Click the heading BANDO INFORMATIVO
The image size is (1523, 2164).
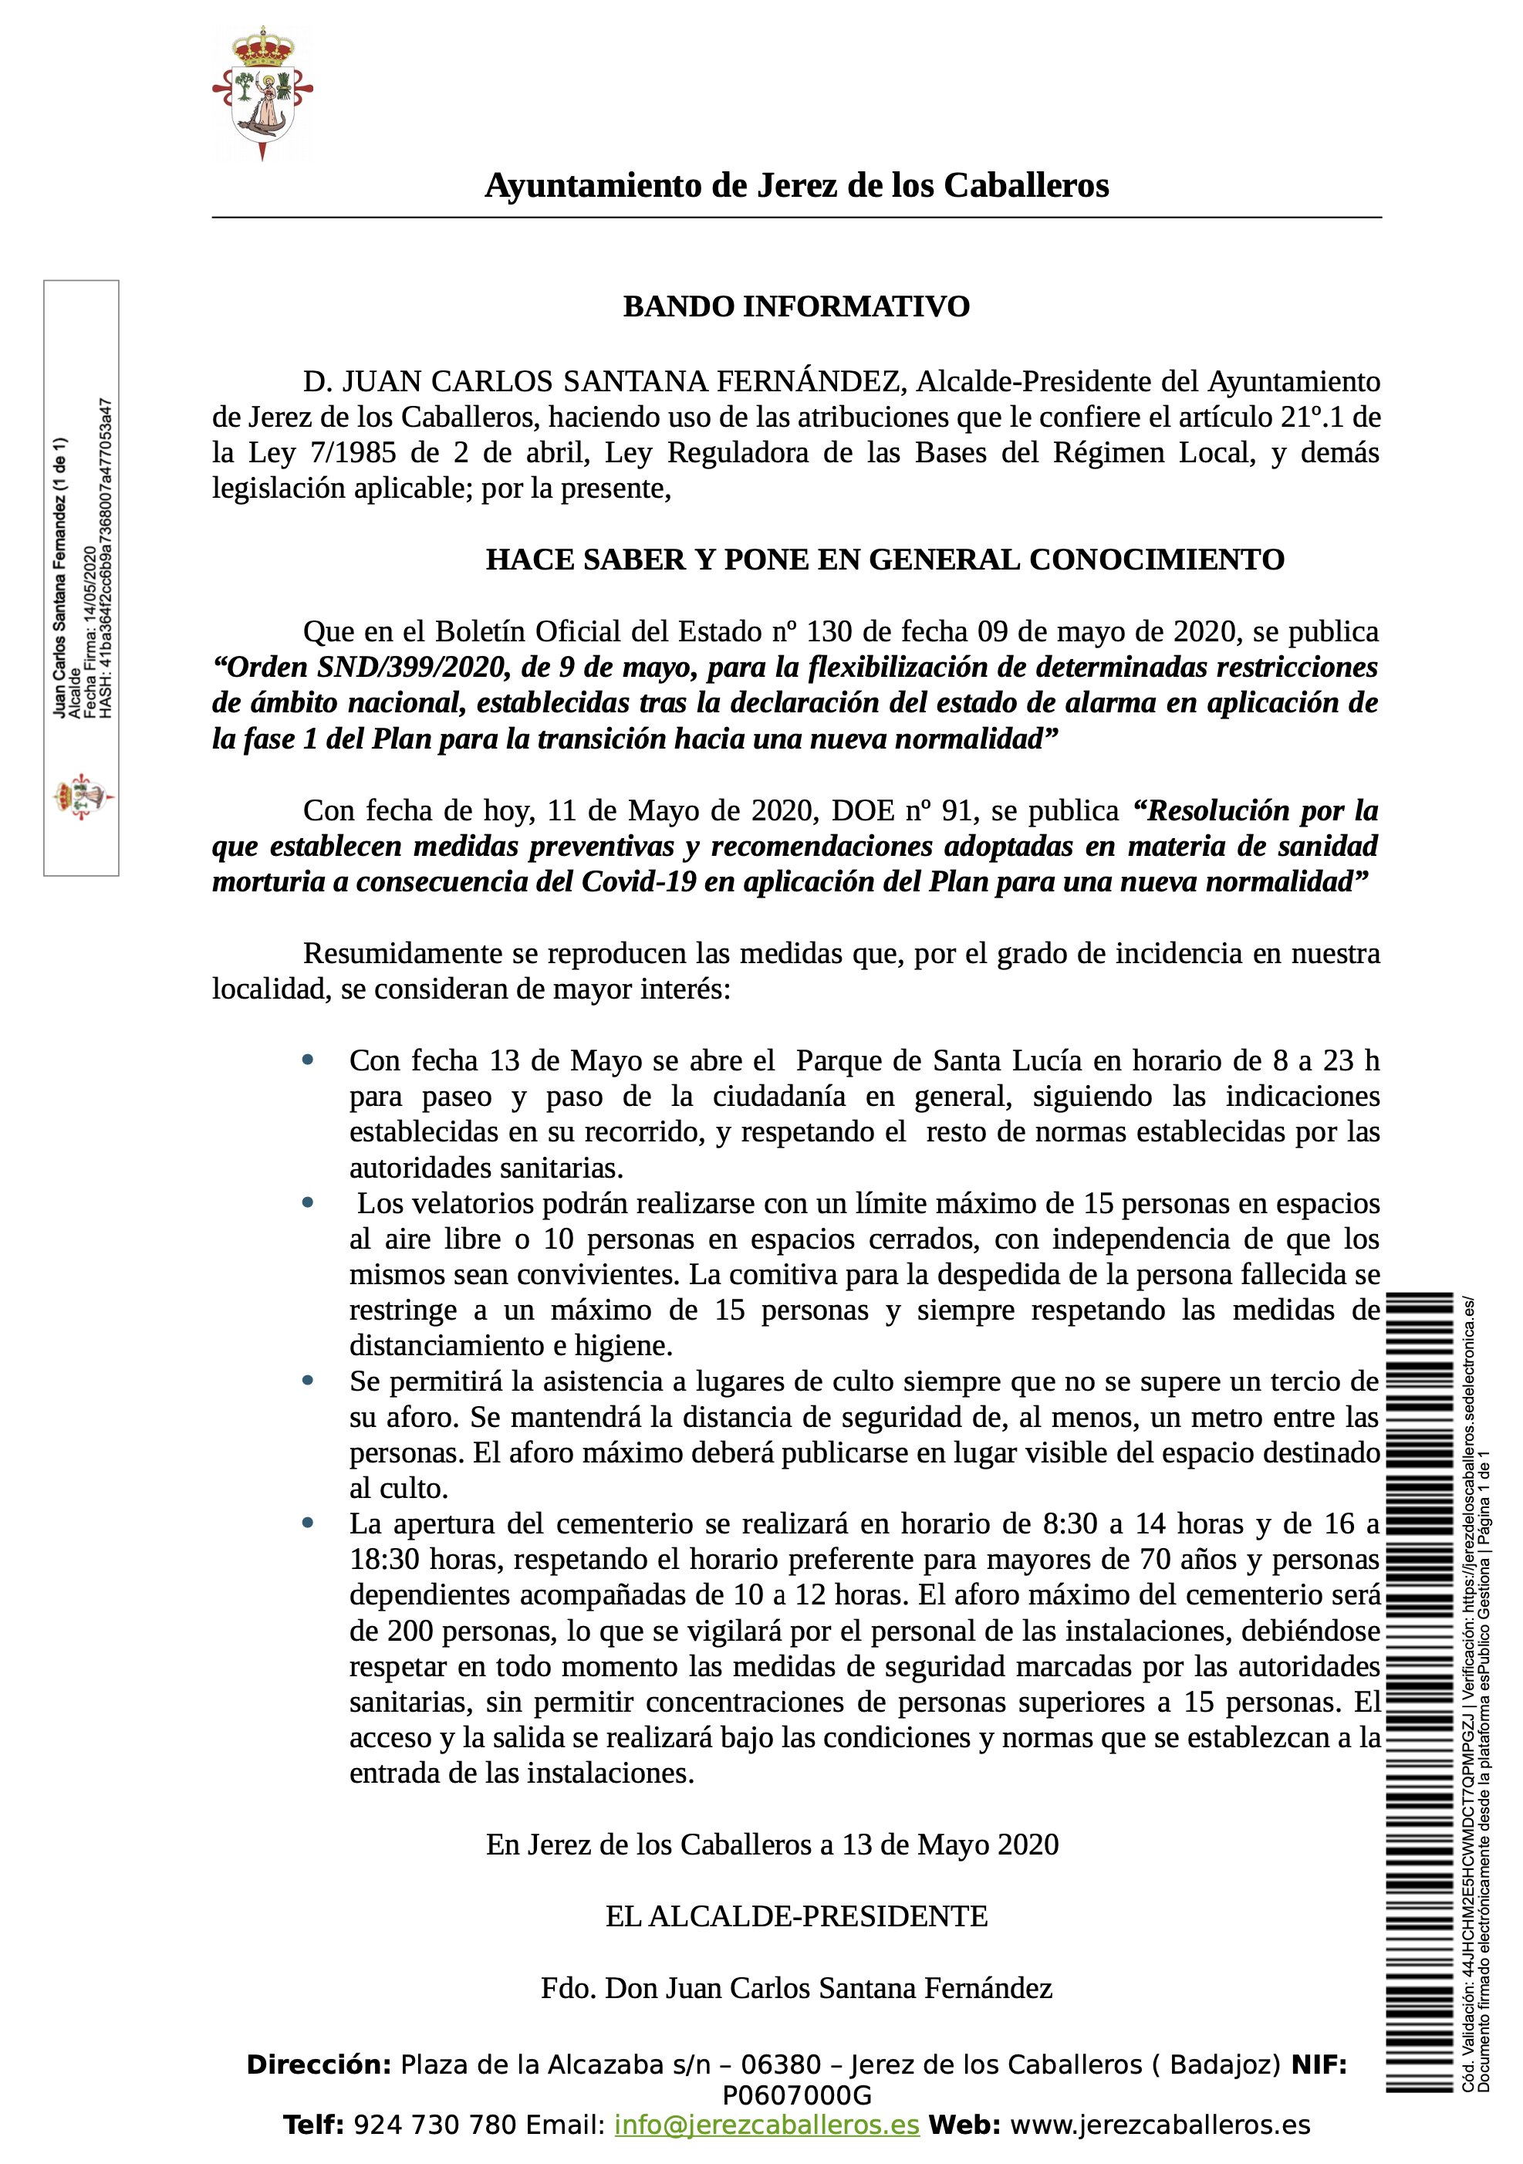point(796,307)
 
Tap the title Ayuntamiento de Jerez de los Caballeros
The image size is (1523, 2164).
point(796,186)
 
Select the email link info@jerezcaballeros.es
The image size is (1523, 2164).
point(766,2125)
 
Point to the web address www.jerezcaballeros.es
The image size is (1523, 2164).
point(1159,2125)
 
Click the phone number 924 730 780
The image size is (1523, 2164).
point(434,2125)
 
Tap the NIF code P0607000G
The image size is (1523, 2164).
point(796,2095)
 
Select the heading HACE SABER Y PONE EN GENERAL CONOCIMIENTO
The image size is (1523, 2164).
point(884,560)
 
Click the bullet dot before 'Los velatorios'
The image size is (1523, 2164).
point(307,1202)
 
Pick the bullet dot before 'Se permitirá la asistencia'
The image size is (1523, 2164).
point(307,1381)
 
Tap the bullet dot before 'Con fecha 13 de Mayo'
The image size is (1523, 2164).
point(307,1060)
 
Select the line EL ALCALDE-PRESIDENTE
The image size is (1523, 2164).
point(796,1916)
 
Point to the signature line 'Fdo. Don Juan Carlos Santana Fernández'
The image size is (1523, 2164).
point(796,1988)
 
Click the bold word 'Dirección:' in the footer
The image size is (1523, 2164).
point(319,2065)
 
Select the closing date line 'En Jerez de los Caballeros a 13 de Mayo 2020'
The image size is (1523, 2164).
point(772,1844)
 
